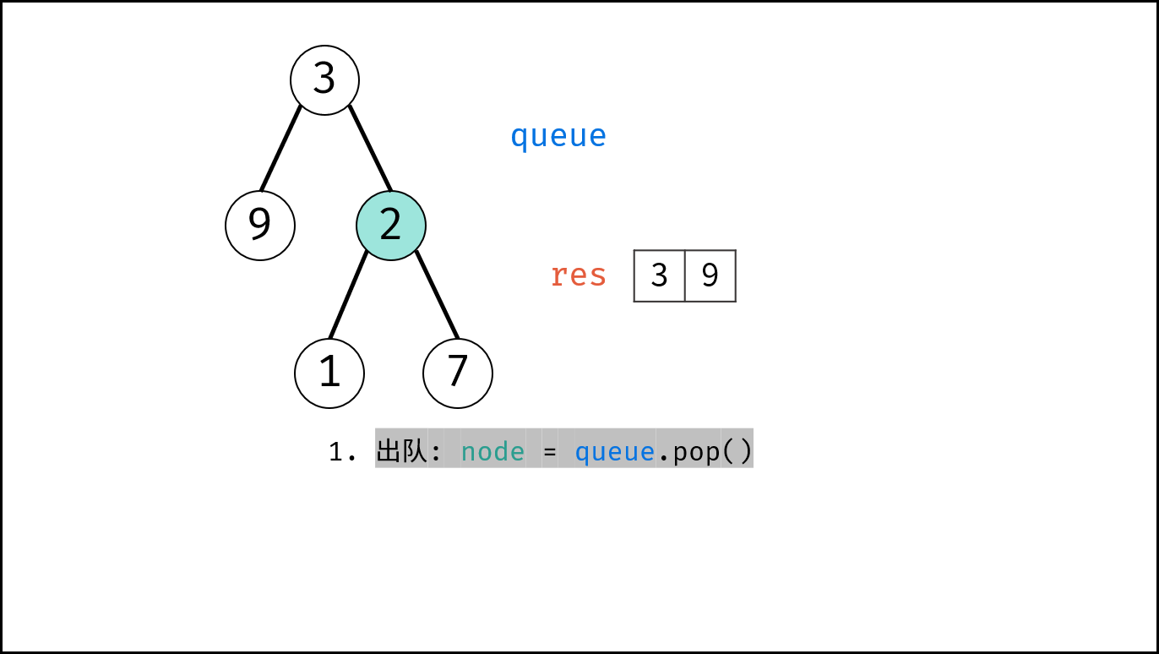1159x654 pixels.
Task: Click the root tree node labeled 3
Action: (x=324, y=80)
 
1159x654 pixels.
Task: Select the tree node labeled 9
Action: (x=260, y=226)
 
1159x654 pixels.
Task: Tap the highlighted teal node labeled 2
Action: (x=391, y=226)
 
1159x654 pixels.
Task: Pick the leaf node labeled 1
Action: (x=329, y=373)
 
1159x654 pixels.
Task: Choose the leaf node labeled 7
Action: (x=458, y=373)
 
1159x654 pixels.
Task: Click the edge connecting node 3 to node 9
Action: (x=280, y=149)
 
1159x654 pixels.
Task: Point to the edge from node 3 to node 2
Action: (x=371, y=149)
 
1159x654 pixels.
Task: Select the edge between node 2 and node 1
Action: (x=348, y=295)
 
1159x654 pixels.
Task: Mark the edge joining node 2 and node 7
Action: (x=438, y=295)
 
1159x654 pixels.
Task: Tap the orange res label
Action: (x=579, y=275)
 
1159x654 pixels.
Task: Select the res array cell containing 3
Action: (x=659, y=275)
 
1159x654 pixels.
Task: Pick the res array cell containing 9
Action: (x=710, y=275)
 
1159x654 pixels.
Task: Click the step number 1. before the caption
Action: (x=342, y=452)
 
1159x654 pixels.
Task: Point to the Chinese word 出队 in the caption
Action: (x=401, y=451)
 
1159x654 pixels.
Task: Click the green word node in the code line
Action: (x=492, y=452)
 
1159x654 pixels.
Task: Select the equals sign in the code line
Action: (x=549, y=452)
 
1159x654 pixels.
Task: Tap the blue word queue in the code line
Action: (x=615, y=453)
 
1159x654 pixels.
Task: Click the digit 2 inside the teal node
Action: (x=390, y=225)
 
